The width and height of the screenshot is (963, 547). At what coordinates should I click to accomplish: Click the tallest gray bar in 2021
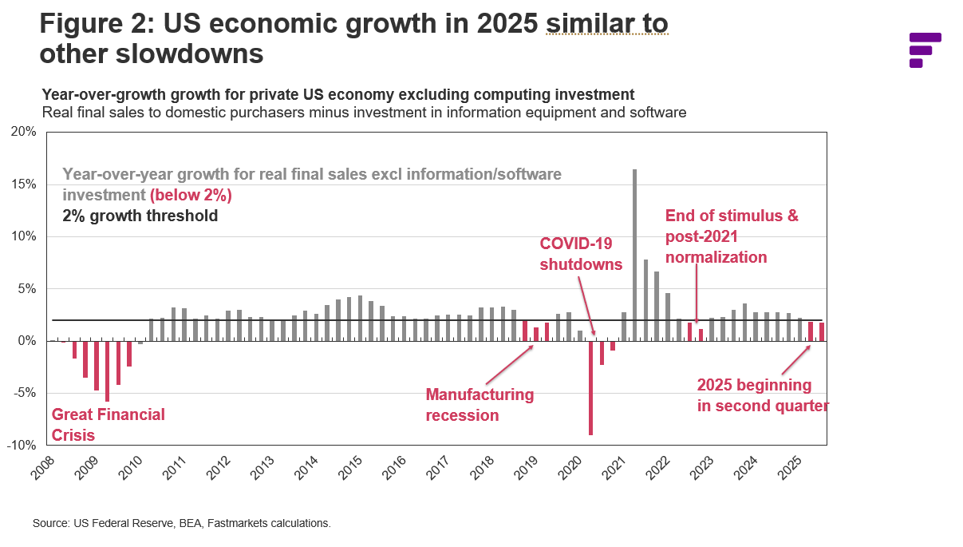point(634,255)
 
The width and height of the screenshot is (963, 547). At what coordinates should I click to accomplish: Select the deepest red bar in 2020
point(590,387)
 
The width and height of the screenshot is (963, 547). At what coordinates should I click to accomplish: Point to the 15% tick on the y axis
point(23,184)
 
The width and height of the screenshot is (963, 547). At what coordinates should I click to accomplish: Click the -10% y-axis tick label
point(21,445)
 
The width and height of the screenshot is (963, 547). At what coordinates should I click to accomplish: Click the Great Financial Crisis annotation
point(108,425)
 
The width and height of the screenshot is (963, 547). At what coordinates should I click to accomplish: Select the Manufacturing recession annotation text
point(480,405)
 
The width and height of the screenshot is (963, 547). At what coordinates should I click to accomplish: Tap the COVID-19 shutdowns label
point(581,253)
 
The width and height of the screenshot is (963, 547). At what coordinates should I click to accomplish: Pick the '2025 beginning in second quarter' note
point(762,395)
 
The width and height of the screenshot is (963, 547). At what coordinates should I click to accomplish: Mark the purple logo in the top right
point(925,50)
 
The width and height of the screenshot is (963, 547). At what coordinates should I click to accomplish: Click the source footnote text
point(181,524)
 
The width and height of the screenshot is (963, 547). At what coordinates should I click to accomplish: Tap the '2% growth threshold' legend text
point(140,216)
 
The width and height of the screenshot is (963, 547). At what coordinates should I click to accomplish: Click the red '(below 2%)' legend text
point(191,195)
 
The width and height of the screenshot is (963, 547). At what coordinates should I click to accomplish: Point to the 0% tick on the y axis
point(26,341)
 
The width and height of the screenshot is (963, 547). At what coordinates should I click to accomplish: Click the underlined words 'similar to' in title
point(606,24)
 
